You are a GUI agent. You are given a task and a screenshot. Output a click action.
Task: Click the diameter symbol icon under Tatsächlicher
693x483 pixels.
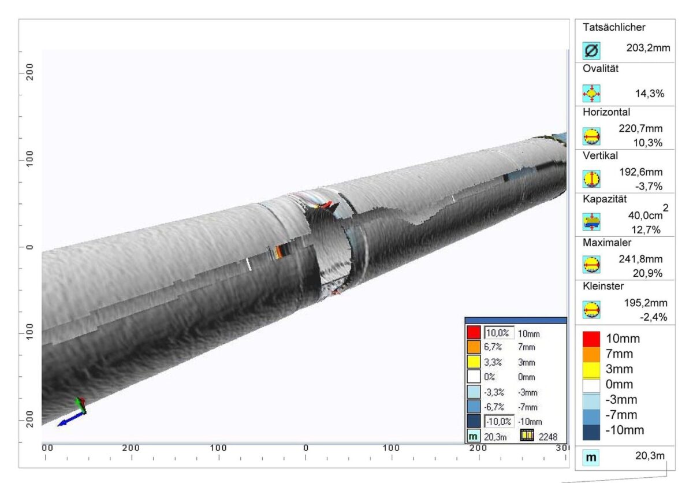point(591,50)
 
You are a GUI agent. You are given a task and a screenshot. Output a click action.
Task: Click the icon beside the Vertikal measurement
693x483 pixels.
point(591,179)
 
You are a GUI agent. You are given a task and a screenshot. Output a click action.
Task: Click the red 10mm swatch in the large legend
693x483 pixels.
point(591,339)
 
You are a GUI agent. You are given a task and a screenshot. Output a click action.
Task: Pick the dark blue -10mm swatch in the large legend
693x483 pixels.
point(591,430)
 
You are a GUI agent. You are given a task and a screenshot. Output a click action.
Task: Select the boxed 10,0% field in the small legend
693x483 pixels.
point(498,333)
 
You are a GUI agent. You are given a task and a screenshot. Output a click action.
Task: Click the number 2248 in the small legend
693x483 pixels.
point(548,437)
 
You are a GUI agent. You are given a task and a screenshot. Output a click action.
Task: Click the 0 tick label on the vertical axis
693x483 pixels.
point(29,247)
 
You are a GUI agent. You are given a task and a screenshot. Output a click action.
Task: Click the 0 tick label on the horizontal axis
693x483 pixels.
point(305,448)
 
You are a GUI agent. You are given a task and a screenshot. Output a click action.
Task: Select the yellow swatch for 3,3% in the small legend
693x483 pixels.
point(474,362)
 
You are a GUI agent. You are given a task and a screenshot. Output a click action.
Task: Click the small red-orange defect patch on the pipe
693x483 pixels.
point(281,251)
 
